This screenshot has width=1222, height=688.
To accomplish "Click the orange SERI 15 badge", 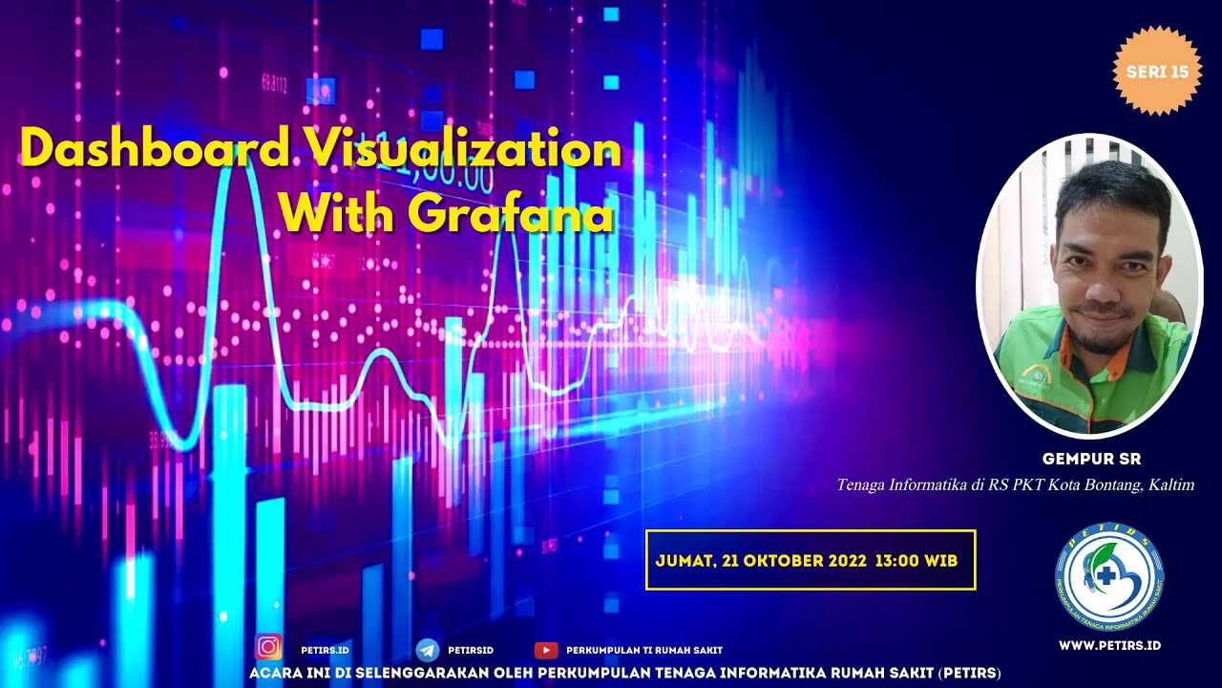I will click(1157, 72).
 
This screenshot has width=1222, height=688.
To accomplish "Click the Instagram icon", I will click(269, 648).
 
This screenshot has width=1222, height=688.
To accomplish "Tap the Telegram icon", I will click(428, 650).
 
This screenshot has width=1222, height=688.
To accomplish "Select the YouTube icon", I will click(545, 650).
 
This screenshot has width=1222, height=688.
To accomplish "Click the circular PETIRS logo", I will click(1109, 577).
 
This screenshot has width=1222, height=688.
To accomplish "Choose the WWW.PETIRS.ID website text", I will click(1109, 645).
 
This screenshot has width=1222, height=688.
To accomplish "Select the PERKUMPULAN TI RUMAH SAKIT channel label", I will click(644, 651).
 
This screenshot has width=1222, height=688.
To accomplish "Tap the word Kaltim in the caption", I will click(1171, 485).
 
